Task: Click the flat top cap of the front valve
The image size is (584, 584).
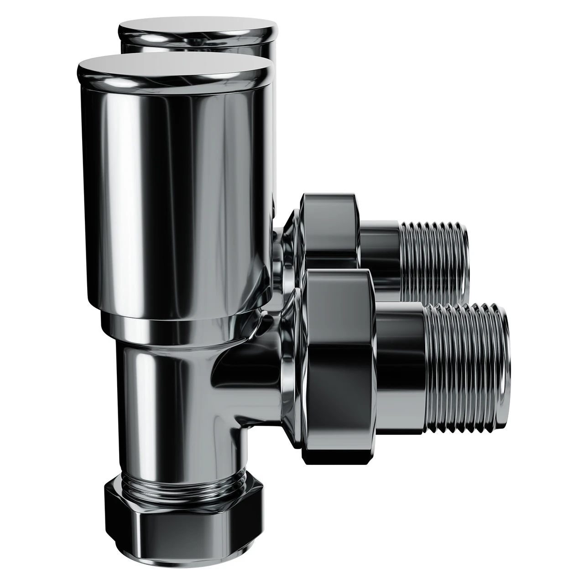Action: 173,69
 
